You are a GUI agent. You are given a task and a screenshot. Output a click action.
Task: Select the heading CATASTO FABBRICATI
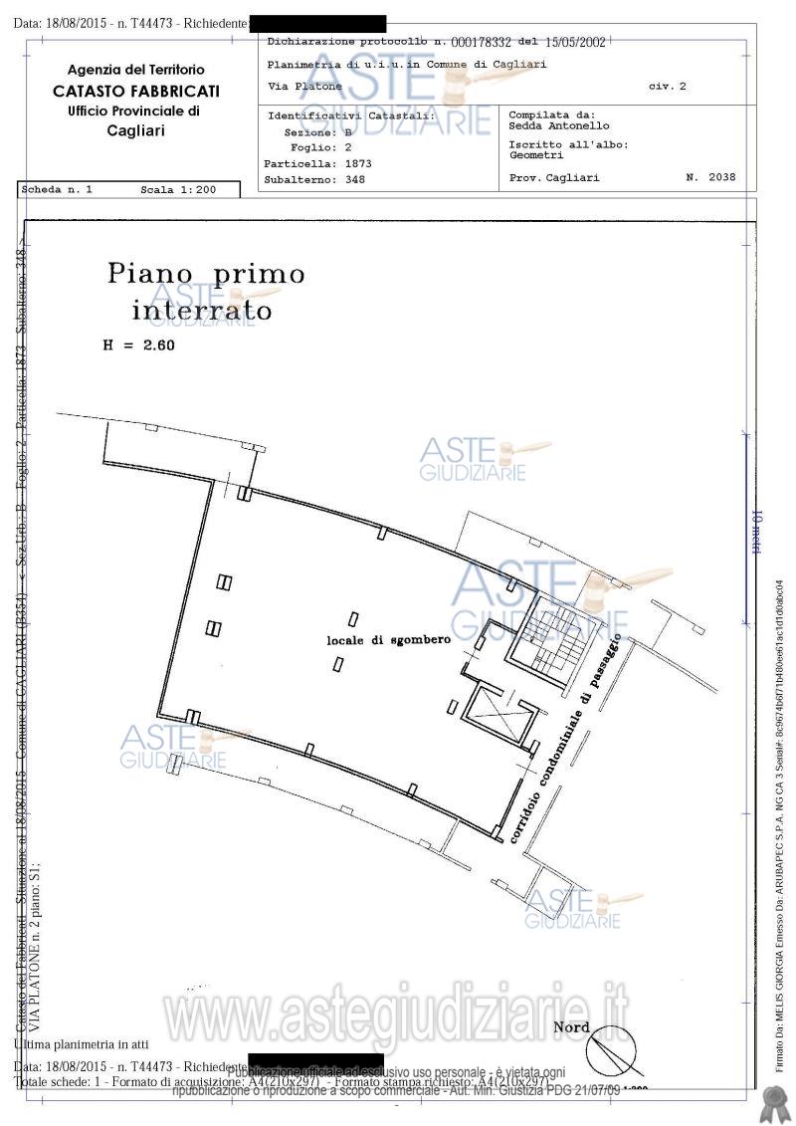coord(136,91)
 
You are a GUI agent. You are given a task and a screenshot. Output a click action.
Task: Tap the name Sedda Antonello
coord(559,126)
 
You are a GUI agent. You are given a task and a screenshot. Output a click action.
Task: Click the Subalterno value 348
coord(355,180)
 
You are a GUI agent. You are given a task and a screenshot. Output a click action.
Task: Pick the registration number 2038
coord(723,177)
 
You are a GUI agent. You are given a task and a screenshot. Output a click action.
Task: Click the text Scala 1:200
coord(178,189)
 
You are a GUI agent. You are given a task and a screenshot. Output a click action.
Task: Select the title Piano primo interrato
coord(205,291)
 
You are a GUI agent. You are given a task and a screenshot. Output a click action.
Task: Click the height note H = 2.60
coord(138,346)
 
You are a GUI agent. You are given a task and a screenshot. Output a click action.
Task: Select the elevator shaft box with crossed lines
coord(497,712)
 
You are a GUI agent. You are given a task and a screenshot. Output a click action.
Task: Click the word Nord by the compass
coord(571,1027)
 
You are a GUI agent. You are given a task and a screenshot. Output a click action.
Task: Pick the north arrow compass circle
coord(607,1055)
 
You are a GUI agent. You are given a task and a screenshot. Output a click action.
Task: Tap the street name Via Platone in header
coord(305,87)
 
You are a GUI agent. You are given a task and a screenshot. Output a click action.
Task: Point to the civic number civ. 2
coord(667,87)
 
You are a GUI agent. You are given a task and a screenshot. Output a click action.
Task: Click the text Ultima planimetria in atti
coord(82,1044)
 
